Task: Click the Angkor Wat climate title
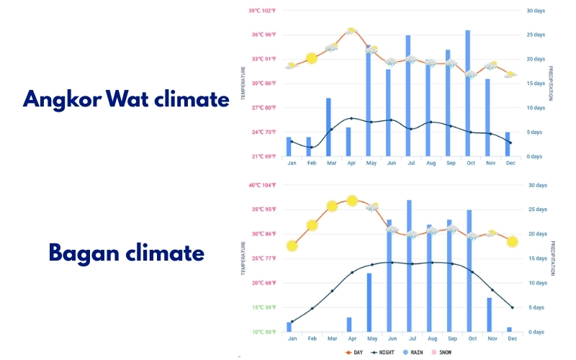coord(125,99)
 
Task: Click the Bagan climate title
coord(126,253)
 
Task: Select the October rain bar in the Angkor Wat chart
coord(468,93)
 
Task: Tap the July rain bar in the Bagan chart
coord(409,266)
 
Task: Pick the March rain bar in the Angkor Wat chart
coord(328,127)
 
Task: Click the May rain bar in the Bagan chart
coord(369,302)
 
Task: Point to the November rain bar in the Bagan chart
coord(489,315)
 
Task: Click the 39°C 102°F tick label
coord(262,11)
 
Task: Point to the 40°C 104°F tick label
coord(262,185)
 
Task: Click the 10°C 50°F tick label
coord(263,332)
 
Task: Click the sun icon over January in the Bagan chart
coord(292,246)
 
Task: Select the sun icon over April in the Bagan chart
coord(351,201)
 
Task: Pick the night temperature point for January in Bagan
coord(292,321)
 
